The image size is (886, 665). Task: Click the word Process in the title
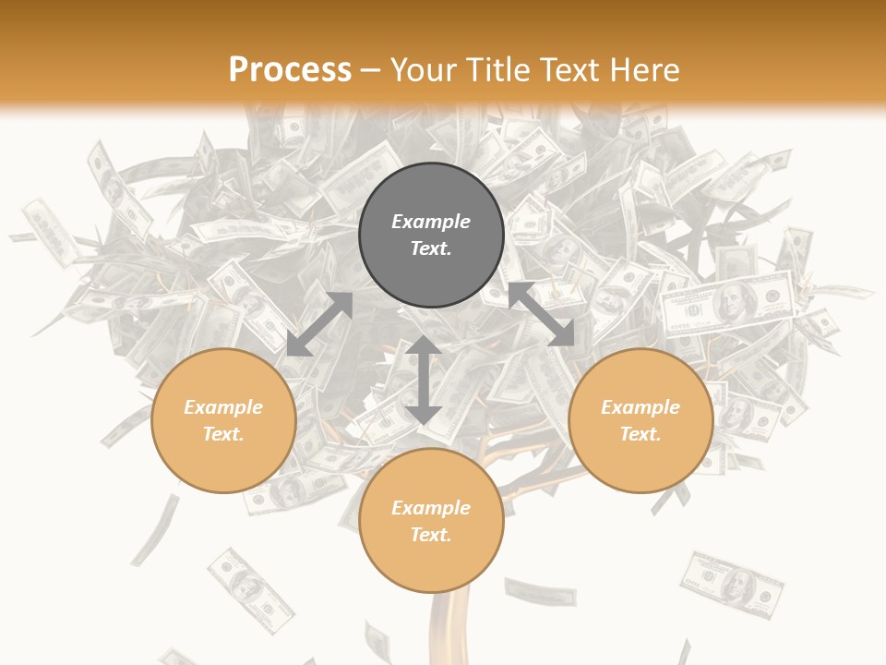290,70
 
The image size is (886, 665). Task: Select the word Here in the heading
643,70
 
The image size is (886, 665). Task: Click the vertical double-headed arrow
423,380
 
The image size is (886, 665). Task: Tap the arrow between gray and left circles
319,324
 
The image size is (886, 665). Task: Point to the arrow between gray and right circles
541,314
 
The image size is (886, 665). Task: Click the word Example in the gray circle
431,222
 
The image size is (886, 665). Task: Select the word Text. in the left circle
223,434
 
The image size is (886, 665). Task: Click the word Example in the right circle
641,407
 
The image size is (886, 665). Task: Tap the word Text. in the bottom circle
431,535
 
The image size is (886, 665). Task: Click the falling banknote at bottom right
731,582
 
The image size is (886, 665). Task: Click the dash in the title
370,70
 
